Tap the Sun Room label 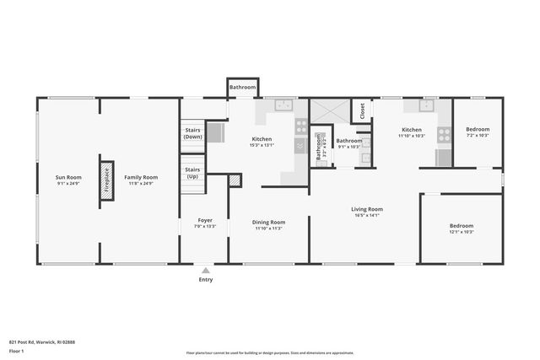[68, 177]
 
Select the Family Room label [141, 177]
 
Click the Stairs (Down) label [192, 133]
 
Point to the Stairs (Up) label [192, 173]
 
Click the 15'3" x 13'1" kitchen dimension [262, 144]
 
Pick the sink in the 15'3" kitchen [282, 105]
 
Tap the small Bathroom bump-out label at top [242, 87]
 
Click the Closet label [362, 110]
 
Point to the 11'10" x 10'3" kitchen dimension [413, 135]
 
